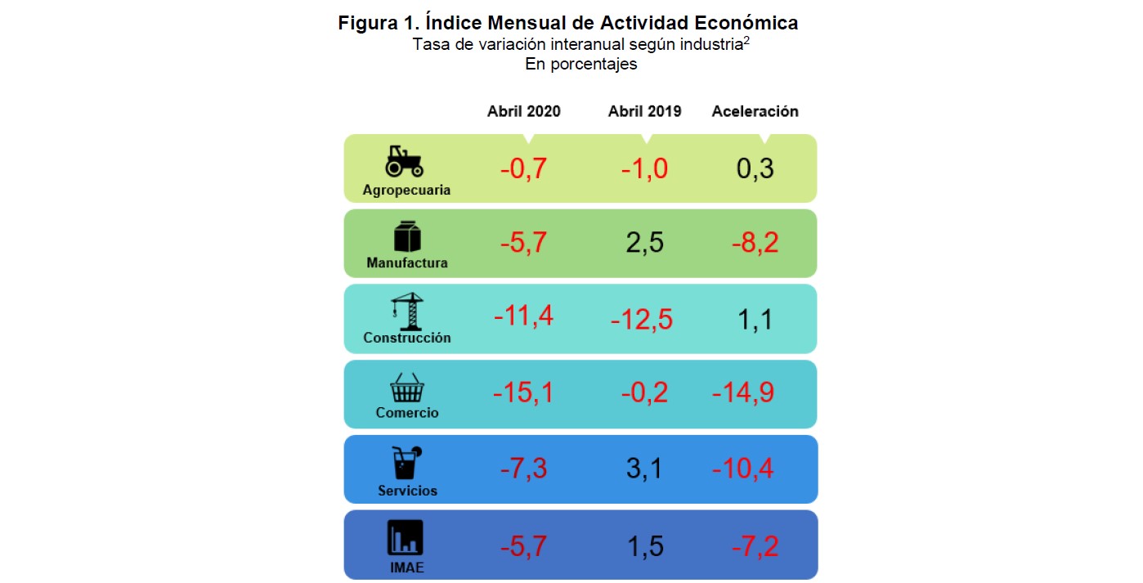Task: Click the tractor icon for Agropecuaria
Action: pyautogui.click(x=405, y=161)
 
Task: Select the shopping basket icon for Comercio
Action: pyautogui.click(x=406, y=388)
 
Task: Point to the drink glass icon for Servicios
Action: pyautogui.click(x=406, y=463)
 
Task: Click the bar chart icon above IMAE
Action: pyautogui.click(x=406, y=538)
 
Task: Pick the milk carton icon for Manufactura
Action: pyautogui.click(x=407, y=236)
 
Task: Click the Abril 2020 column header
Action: pyautogui.click(x=524, y=111)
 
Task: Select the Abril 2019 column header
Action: pyautogui.click(x=644, y=111)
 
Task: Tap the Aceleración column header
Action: pyautogui.click(x=755, y=111)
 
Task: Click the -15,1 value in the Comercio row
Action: pyautogui.click(x=523, y=393)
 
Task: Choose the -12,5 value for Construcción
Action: pyautogui.click(x=642, y=320)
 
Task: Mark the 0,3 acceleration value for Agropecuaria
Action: pyautogui.click(x=755, y=168)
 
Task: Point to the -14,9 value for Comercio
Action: pyautogui.click(x=742, y=393)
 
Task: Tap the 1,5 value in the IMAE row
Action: pyautogui.click(x=644, y=545)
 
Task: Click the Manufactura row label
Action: pyautogui.click(x=407, y=263)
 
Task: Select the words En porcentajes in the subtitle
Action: pyautogui.click(x=580, y=65)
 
